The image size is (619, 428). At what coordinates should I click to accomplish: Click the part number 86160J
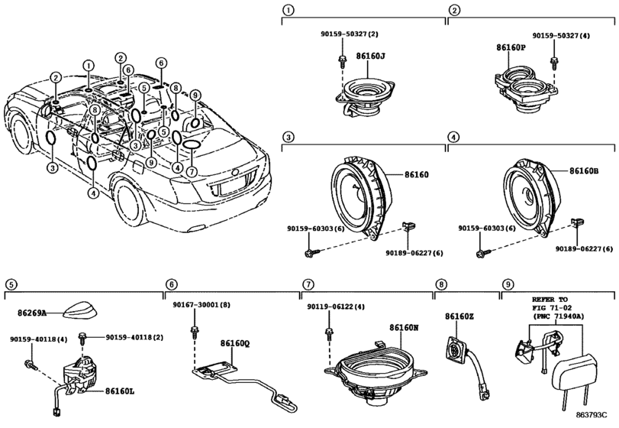(370, 56)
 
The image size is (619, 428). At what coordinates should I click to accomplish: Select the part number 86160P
(511, 47)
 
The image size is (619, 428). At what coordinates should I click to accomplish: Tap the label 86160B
(584, 171)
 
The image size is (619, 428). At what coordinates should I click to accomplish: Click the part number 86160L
(120, 391)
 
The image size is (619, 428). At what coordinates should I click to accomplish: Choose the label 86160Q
(235, 344)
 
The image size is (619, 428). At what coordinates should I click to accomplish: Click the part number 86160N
(404, 328)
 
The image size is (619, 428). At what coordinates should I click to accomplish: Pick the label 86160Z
(459, 316)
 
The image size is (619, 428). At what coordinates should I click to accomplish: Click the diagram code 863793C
(591, 415)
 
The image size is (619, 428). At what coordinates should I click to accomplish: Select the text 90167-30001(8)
(201, 305)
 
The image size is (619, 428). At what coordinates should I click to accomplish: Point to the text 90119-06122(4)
(336, 306)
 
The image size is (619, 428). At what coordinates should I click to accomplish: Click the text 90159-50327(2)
(349, 34)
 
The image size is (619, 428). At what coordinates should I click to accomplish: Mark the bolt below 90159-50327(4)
(554, 62)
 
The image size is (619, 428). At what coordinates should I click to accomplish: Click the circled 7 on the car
(192, 172)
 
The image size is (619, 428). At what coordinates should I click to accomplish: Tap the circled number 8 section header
(441, 284)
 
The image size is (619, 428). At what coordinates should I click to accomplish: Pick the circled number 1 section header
(289, 11)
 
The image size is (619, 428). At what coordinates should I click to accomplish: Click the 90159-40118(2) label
(134, 338)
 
